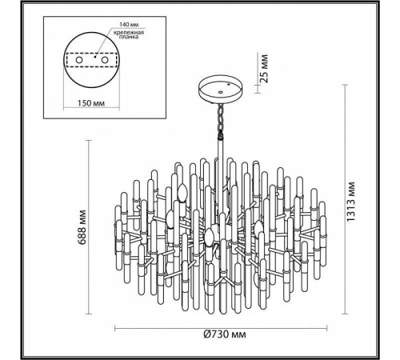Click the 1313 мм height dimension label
[350, 202]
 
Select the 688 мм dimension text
[82, 227]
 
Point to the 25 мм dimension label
[264, 69]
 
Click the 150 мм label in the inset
[91, 103]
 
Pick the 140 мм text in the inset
[129, 25]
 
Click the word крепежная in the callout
[129, 33]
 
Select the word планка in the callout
[129, 37]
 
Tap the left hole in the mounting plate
[78, 60]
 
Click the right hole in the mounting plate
[104, 60]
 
